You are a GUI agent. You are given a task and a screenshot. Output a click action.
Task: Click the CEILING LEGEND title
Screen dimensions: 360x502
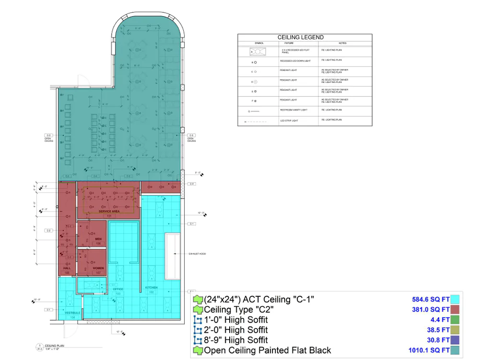[x=301, y=37]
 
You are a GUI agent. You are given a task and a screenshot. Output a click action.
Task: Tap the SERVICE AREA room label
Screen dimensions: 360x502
[x=109, y=211]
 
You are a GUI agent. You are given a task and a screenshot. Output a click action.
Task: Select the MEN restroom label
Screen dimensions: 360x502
[x=98, y=239]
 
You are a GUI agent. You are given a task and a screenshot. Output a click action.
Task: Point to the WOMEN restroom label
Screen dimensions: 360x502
[x=98, y=268]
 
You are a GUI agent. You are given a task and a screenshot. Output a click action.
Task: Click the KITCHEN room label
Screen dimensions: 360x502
[x=152, y=288]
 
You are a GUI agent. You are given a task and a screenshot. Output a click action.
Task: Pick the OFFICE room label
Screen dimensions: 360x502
[x=118, y=289]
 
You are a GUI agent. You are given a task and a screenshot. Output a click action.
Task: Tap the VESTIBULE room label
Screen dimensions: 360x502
[x=72, y=314]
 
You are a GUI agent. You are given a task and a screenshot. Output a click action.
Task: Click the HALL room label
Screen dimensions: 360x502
[x=67, y=268]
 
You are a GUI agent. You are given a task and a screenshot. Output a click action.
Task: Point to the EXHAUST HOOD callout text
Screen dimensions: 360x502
[x=197, y=254]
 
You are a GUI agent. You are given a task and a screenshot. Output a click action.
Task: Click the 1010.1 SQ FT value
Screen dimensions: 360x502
[x=429, y=350]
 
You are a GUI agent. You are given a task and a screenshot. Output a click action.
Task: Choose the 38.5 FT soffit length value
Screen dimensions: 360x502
[x=438, y=330]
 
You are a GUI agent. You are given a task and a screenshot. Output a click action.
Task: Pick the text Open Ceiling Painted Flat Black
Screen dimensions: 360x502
[x=267, y=350]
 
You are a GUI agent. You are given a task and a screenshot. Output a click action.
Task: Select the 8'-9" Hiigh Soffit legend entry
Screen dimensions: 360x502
[x=235, y=340]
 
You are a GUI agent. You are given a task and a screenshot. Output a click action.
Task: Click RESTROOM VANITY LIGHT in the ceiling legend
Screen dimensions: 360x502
[x=293, y=110]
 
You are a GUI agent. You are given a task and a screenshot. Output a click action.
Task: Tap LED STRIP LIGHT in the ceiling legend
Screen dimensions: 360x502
[x=289, y=121]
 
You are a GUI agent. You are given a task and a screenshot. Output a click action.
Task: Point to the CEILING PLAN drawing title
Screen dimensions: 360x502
[x=51, y=345]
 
